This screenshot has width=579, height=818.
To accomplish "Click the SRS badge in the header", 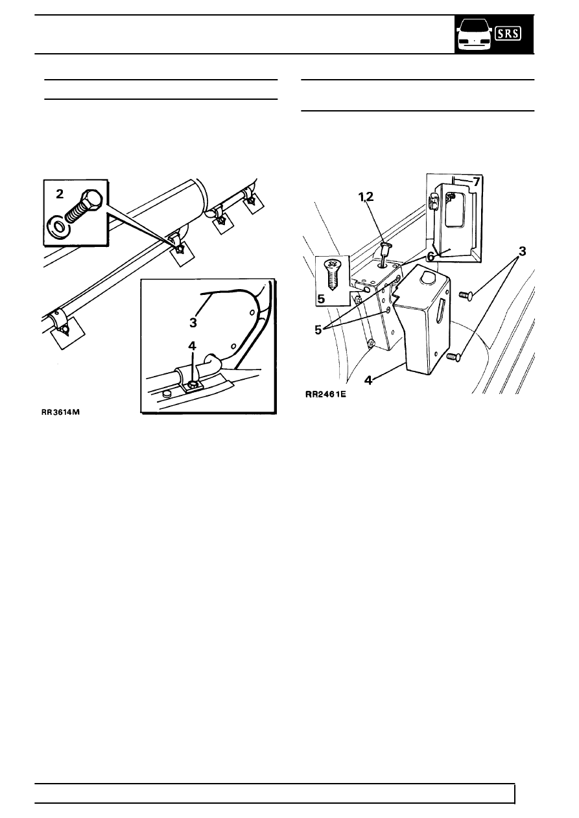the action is coord(508,34).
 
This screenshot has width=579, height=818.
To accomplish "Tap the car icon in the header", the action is coord(474,34).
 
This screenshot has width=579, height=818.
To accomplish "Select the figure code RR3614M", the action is coord(61,412).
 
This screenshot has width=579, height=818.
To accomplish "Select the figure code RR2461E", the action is coord(325,394).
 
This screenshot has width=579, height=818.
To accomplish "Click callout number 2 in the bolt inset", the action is coord(60,194).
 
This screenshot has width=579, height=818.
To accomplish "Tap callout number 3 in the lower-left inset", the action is coord(193,322).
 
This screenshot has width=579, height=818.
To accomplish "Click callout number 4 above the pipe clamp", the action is coord(192,345).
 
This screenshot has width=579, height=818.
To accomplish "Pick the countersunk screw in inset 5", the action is coord(332,275).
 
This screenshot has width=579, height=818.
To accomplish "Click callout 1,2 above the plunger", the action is coord(366,197).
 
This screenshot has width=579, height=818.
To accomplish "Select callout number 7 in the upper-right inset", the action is coord(476,181).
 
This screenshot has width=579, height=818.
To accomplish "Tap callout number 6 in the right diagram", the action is coord(431,257).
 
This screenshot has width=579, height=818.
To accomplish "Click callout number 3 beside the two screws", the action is coord(523,251).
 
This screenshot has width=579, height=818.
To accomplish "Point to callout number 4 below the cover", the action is coord(368,380).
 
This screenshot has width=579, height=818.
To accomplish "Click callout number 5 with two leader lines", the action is coord(318,330).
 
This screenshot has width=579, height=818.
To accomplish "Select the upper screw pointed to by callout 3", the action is coord(466,294).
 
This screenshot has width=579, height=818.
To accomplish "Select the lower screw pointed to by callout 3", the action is coord(454,356).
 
